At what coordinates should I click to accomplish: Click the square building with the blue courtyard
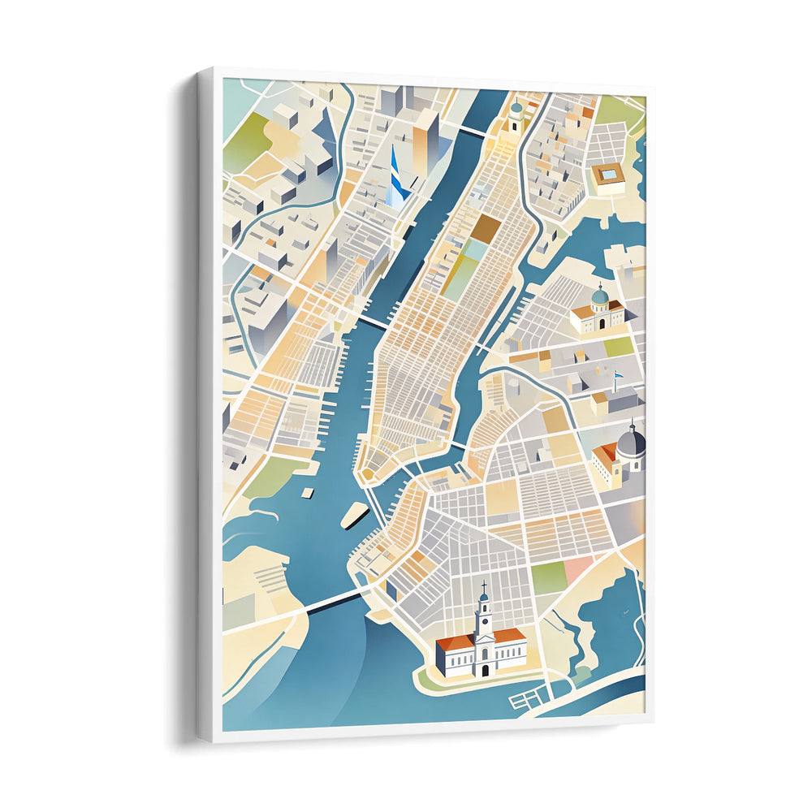tap(608, 175)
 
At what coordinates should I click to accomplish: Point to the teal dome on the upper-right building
tap(599, 296)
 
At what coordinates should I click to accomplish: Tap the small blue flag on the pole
tap(617, 376)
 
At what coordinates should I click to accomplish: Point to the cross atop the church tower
tap(484, 585)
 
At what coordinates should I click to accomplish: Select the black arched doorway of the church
tap(485, 670)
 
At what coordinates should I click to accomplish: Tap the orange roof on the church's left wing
tap(455, 643)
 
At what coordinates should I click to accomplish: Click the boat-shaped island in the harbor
tap(354, 514)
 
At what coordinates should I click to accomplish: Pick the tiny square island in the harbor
tap(308, 492)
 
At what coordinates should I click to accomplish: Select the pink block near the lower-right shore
tap(579, 568)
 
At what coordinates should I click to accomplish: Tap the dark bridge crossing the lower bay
tap(333, 602)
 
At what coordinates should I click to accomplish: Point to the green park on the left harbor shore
tap(266, 478)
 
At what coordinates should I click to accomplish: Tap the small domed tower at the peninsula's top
tap(516, 116)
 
